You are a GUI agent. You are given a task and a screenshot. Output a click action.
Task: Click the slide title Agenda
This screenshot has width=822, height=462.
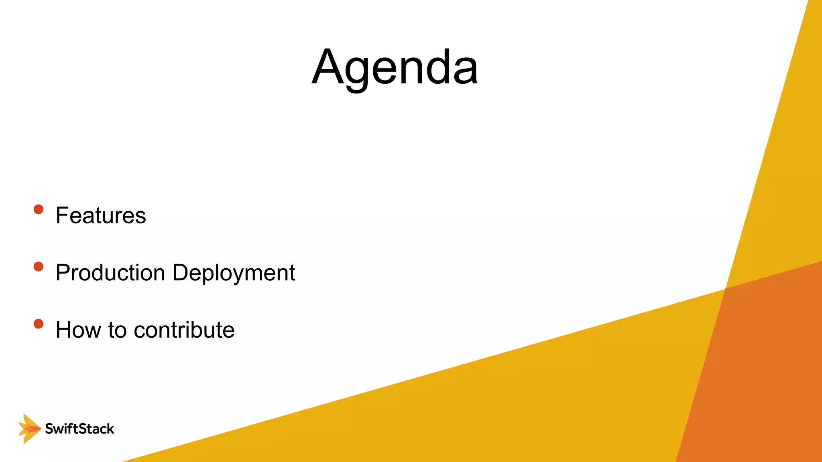pyautogui.click(x=395, y=67)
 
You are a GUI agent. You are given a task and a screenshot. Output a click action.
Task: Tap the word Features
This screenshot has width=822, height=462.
pyautogui.click(x=101, y=215)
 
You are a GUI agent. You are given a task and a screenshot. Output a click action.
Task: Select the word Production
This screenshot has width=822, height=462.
pyautogui.click(x=110, y=273)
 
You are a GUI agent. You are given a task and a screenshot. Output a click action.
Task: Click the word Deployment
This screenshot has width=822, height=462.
pyautogui.click(x=234, y=273)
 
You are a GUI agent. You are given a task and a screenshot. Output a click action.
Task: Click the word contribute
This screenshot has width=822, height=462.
pyautogui.click(x=184, y=330)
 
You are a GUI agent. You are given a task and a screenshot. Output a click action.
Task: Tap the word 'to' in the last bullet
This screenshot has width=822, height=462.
pyautogui.click(x=117, y=330)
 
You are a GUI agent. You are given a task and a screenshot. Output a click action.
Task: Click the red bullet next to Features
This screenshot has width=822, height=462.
pyautogui.click(x=39, y=209)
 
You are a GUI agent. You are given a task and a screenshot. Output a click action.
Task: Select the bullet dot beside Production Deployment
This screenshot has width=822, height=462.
pyautogui.click(x=39, y=267)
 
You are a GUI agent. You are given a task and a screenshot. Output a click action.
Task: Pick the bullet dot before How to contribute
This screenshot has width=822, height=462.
pyautogui.click(x=39, y=324)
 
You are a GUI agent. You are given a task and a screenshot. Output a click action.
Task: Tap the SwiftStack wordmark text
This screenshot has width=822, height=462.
pyautogui.click(x=79, y=429)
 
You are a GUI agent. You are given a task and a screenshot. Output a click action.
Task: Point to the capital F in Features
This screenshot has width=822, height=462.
pyautogui.click(x=62, y=215)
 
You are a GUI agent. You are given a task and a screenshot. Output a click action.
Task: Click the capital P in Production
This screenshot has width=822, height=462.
pyautogui.click(x=63, y=273)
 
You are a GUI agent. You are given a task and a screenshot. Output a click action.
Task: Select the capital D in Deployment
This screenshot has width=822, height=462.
pyautogui.click(x=180, y=273)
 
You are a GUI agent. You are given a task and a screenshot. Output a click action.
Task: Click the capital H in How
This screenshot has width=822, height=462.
pyautogui.click(x=64, y=330)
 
